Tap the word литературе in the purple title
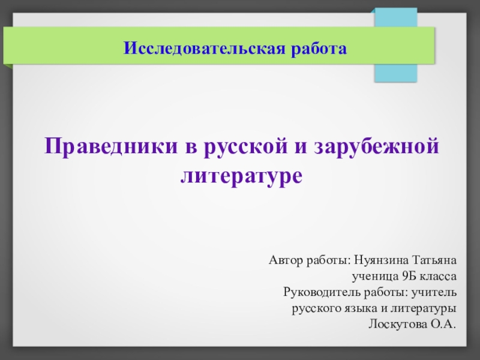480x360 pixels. click(x=240, y=176)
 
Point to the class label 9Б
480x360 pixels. click(x=407, y=277)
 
